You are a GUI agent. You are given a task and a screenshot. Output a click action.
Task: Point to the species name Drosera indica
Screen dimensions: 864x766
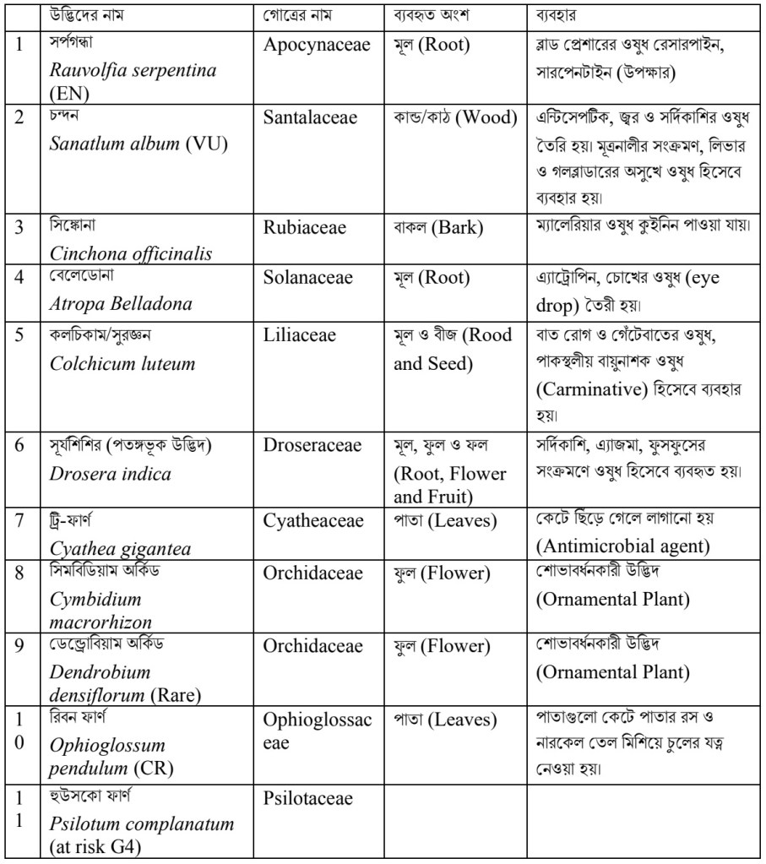(x=111, y=474)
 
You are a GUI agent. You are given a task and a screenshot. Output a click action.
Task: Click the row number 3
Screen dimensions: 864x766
(x=19, y=229)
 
